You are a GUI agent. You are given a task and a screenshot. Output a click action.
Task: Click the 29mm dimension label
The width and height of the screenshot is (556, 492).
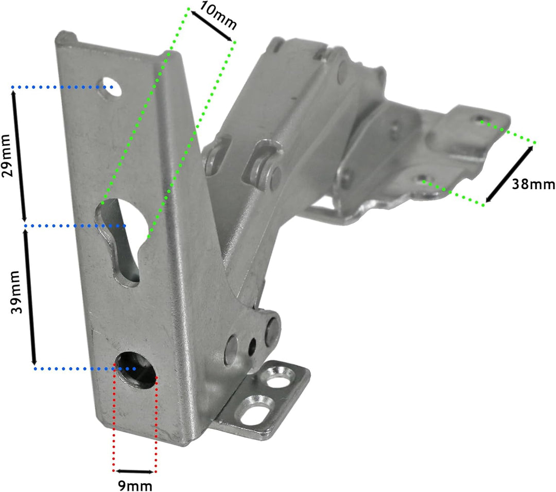click(9, 155)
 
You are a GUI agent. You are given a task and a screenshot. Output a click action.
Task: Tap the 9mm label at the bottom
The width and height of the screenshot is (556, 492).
click(135, 485)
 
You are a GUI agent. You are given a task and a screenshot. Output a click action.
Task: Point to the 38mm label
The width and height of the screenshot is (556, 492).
click(533, 184)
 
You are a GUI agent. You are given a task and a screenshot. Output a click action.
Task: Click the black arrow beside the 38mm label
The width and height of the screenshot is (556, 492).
click(509, 174)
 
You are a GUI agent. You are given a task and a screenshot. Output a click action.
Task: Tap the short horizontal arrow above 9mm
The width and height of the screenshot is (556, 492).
click(135, 471)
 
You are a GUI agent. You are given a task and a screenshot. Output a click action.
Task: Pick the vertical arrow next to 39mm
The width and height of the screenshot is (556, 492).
click(30, 297)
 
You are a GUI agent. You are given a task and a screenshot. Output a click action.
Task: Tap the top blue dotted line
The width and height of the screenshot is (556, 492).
click(62, 87)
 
